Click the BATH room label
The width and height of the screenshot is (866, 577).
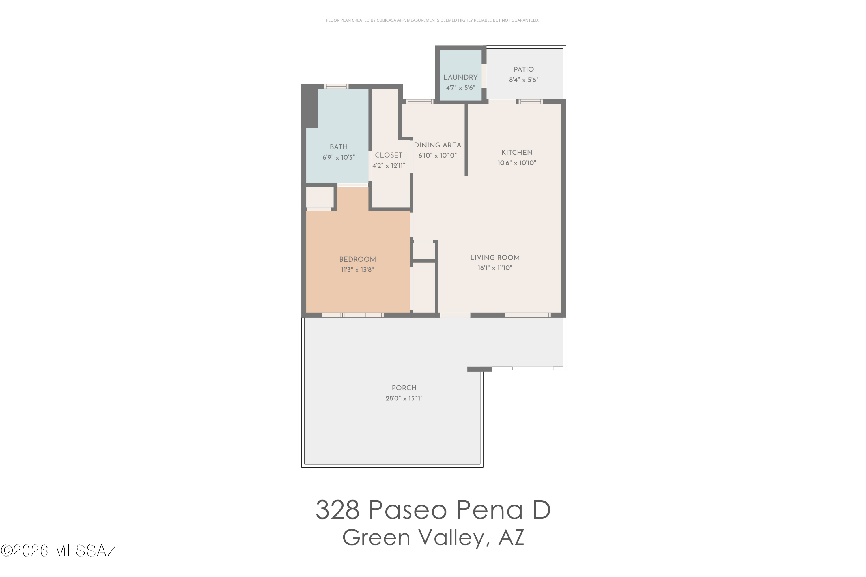click(338, 147)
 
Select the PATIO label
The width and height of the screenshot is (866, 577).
click(524, 69)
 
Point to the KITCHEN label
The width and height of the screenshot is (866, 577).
click(517, 152)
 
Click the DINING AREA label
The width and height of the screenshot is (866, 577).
click(437, 145)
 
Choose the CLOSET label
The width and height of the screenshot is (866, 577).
click(389, 155)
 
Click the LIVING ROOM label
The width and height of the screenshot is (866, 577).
click(495, 258)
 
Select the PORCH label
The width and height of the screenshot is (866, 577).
click(404, 388)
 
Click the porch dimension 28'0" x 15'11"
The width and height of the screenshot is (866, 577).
click(404, 398)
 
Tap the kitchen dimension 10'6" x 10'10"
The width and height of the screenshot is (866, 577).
click(517, 163)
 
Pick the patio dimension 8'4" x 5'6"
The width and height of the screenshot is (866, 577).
click(524, 80)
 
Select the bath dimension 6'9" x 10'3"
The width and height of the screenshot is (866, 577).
click(338, 157)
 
